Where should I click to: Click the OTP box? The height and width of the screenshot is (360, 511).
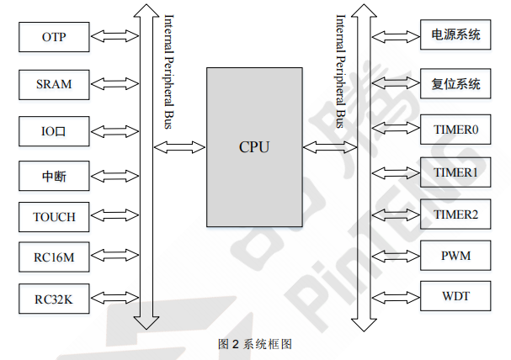pyautogui.click(x=54, y=37)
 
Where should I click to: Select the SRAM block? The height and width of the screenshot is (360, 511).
pyautogui.click(x=54, y=84)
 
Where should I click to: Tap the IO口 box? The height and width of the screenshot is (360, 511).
pyautogui.click(x=54, y=132)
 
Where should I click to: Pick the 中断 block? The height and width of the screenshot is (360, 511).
pyautogui.click(x=54, y=176)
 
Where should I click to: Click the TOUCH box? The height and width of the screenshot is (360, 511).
pyautogui.click(x=54, y=217)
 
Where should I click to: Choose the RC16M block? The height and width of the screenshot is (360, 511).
pyautogui.click(x=54, y=257)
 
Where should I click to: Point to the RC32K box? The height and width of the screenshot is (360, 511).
pyautogui.click(x=54, y=299)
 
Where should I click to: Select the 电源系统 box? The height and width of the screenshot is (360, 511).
pyautogui.click(x=455, y=35)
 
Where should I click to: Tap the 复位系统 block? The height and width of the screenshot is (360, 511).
pyautogui.click(x=455, y=83)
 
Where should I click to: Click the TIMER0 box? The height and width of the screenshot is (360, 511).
pyautogui.click(x=455, y=130)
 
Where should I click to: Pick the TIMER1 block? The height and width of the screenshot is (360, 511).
pyautogui.click(x=455, y=173)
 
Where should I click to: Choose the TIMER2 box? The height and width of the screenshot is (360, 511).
pyautogui.click(x=455, y=215)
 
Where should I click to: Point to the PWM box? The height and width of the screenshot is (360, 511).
pyautogui.click(x=455, y=255)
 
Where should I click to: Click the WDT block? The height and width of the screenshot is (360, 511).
pyautogui.click(x=455, y=297)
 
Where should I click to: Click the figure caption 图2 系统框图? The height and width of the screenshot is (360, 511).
pyautogui.click(x=255, y=344)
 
